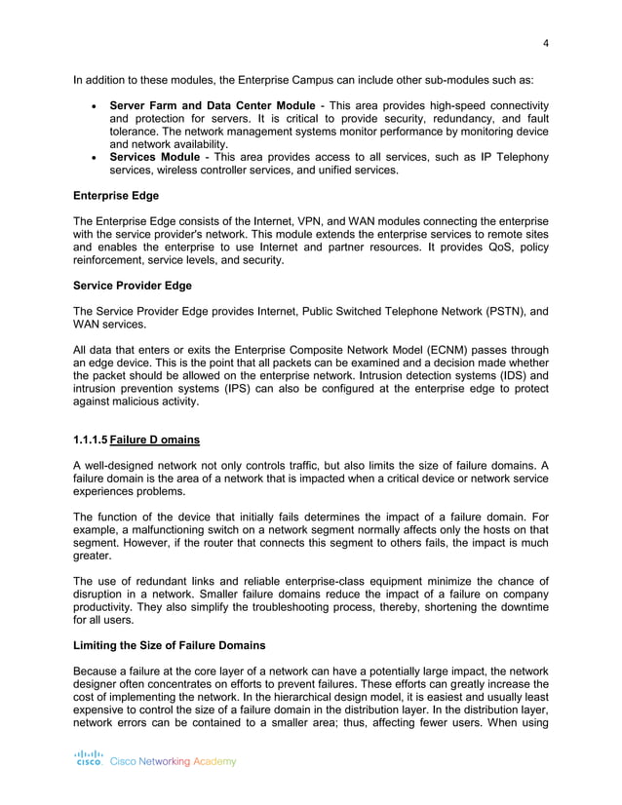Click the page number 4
coord(546,42)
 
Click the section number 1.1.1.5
coord(92,441)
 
